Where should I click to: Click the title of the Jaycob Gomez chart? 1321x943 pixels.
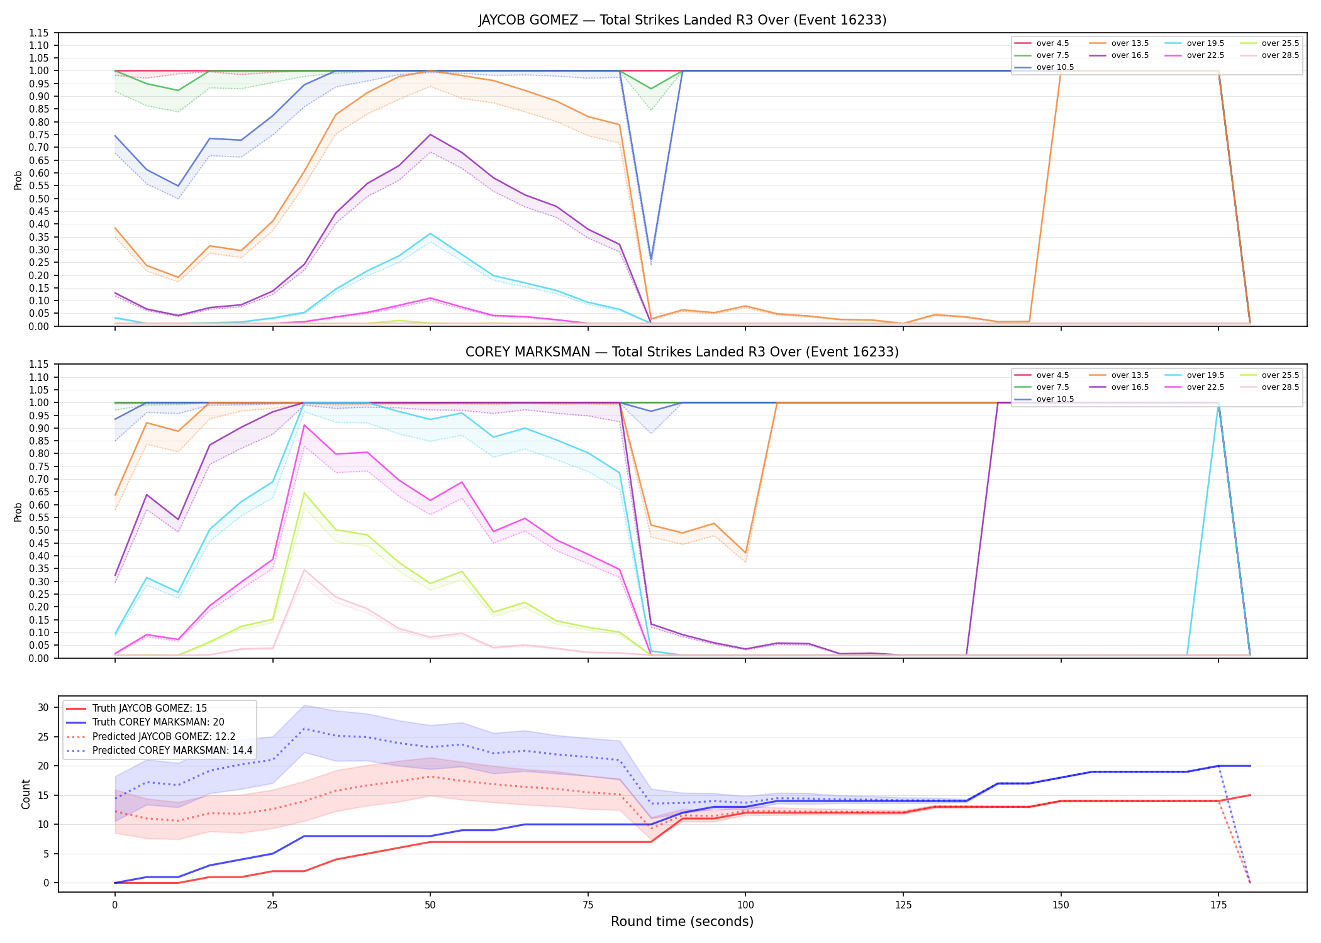click(x=682, y=20)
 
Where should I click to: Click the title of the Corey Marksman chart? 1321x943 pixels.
click(x=682, y=352)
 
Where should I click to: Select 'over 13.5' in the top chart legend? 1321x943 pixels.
click(x=1130, y=43)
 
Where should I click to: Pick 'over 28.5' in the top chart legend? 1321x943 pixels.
click(x=1280, y=55)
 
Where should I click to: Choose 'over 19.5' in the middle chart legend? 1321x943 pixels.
click(x=1205, y=375)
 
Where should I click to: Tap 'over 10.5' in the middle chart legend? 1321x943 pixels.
click(x=1055, y=399)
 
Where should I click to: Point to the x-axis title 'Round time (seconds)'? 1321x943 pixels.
click(x=682, y=922)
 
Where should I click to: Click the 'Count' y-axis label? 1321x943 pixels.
click(x=26, y=794)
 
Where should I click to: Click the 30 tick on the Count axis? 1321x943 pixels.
click(x=43, y=708)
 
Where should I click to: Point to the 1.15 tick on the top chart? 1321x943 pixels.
click(x=38, y=33)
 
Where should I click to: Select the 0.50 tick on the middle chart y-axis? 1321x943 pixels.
click(x=38, y=531)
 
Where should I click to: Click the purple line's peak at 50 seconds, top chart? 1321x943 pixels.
click(x=430, y=135)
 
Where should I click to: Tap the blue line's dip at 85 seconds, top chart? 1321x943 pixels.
click(x=651, y=258)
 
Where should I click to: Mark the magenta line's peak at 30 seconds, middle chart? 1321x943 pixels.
click(x=304, y=425)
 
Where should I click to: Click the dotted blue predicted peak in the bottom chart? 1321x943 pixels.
click(x=304, y=729)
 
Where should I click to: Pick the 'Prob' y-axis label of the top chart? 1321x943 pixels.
click(x=18, y=180)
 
